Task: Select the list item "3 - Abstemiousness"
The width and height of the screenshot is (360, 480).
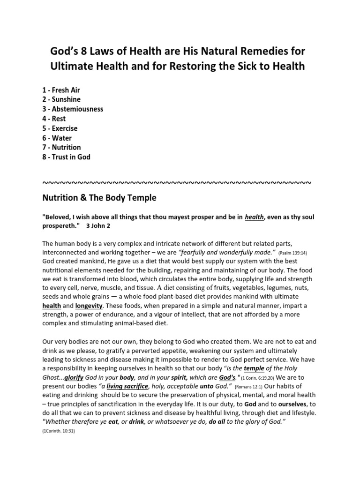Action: tap(73, 109)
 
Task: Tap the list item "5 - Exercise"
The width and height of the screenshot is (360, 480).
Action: tap(60, 128)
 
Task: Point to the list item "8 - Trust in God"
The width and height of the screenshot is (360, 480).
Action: tap(66, 157)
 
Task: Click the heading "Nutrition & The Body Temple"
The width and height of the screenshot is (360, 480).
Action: tap(99, 198)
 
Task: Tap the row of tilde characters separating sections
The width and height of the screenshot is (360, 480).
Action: tap(176, 182)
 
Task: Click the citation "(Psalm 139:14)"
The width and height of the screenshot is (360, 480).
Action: tap(292, 252)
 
